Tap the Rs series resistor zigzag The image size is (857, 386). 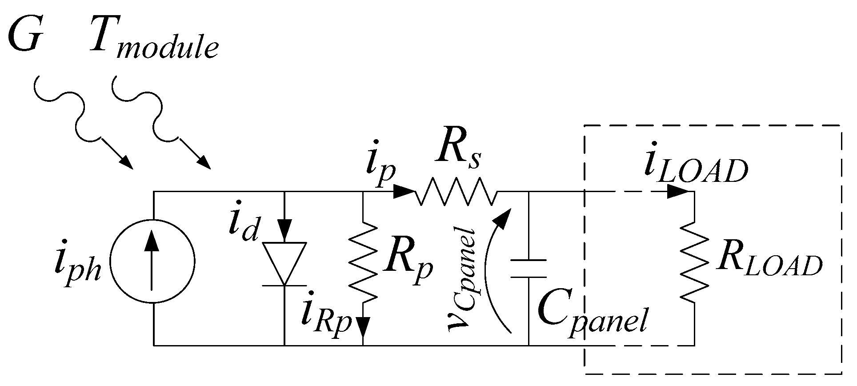(x=456, y=193)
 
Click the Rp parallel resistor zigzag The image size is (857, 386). (x=364, y=262)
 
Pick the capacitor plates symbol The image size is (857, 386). (x=529, y=268)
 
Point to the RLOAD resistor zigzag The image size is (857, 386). (x=694, y=262)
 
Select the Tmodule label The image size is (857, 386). (x=153, y=38)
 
